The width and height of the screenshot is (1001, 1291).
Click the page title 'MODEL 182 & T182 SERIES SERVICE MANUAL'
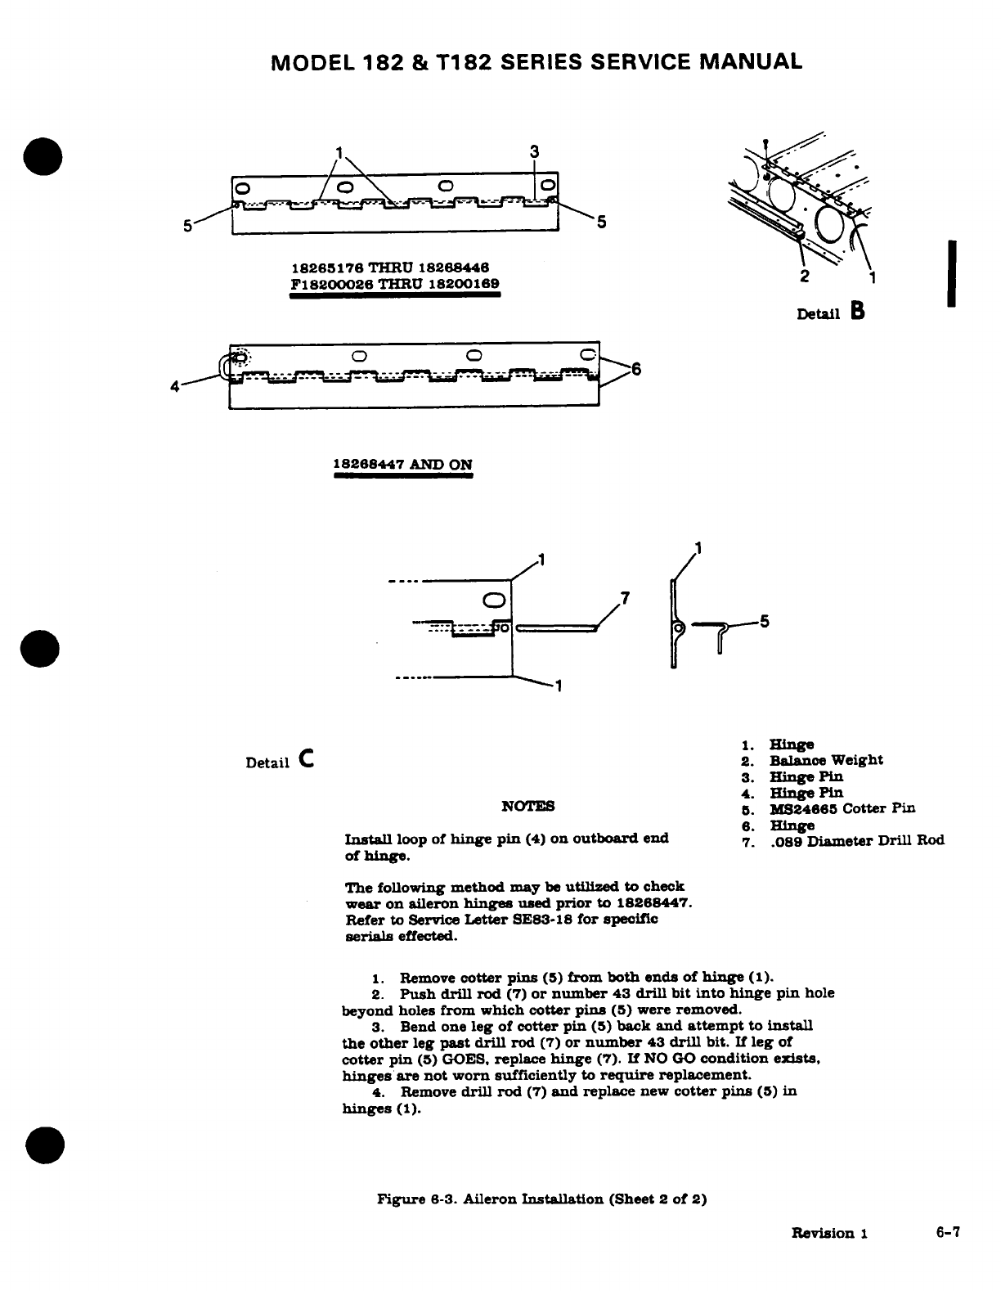536,61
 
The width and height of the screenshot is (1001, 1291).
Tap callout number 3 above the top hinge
533,151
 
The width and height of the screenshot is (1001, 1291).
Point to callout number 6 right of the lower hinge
636,370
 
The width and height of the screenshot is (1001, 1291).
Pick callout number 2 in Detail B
805,275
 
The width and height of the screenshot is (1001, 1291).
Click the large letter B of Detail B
857,311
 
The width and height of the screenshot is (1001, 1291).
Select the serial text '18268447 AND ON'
402,465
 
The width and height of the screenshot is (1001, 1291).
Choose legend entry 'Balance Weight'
826,760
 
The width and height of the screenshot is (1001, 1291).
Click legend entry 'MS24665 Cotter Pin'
842,808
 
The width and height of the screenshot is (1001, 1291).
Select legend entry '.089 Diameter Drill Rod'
857,840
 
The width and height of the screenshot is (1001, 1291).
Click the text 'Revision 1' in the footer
828,1233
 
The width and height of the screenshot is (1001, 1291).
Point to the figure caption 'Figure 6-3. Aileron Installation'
541,1199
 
